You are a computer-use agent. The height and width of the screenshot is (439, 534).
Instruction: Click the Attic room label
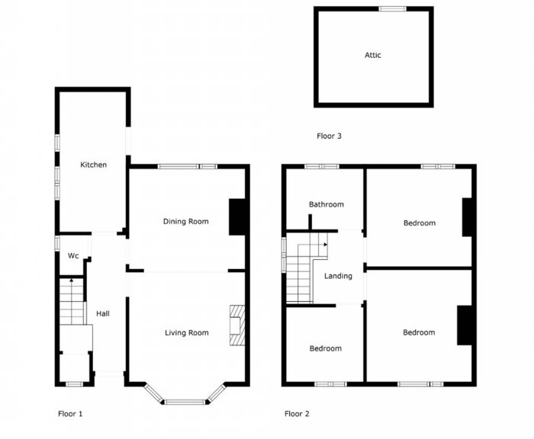[372, 55]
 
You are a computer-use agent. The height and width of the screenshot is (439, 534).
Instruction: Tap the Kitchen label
[94, 165]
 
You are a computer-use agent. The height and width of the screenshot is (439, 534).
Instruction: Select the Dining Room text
[186, 222]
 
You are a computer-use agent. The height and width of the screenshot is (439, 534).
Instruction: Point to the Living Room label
[187, 332]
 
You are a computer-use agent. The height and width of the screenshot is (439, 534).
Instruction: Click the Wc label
[73, 255]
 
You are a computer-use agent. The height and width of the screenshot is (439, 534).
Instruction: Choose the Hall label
[102, 313]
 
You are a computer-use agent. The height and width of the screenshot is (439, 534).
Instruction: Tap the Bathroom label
[326, 204]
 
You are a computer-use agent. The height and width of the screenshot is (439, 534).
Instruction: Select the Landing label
[337, 276]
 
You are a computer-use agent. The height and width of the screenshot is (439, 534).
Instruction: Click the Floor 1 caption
[70, 414]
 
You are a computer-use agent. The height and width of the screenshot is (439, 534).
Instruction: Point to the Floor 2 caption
[297, 414]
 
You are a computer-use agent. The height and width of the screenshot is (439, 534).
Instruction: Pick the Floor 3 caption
[329, 136]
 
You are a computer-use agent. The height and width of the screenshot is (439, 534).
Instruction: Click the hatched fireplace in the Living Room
[237, 326]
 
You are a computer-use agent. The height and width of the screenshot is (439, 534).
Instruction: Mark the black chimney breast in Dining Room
[238, 216]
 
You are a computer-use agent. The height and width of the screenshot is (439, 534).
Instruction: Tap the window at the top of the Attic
[393, 9]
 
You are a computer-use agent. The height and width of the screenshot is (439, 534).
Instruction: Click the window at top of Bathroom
[322, 166]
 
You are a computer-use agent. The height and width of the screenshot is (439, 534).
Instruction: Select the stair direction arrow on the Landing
[325, 245]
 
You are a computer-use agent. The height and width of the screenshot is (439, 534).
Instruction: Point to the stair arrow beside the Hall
[71, 281]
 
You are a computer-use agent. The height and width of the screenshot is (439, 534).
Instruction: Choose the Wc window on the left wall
[57, 243]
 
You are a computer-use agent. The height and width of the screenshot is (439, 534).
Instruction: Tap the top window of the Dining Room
[187, 166]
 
